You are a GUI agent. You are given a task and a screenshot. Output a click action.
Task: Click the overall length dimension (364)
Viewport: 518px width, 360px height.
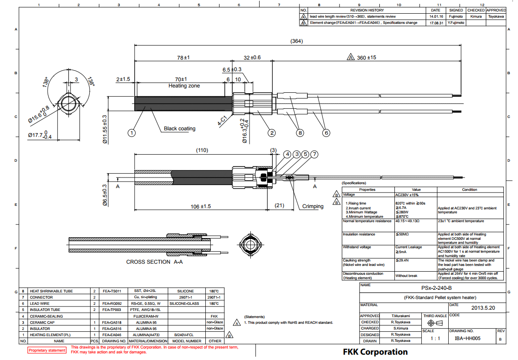(x=296, y=41)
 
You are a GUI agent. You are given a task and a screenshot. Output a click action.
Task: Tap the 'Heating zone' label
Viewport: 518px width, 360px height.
(x=184, y=86)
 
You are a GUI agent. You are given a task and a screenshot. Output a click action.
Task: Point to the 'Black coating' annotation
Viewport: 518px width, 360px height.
(x=179, y=129)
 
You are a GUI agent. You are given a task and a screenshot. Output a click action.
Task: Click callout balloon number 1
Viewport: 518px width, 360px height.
(x=131, y=132)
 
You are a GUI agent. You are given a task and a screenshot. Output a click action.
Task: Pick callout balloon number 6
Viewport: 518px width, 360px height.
(x=326, y=132)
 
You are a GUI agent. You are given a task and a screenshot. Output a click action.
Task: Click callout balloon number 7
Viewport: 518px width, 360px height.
(x=314, y=154)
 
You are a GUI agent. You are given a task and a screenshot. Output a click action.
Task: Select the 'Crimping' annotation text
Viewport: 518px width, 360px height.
(x=313, y=206)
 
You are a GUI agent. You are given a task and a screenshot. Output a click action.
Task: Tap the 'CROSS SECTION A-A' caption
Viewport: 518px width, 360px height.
(x=154, y=262)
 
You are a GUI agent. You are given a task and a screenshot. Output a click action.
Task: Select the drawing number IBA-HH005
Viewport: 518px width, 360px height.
(x=467, y=339)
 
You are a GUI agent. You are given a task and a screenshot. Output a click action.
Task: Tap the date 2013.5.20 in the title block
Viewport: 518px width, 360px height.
(x=483, y=308)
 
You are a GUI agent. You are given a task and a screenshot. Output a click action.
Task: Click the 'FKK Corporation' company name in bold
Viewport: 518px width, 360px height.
(x=375, y=352)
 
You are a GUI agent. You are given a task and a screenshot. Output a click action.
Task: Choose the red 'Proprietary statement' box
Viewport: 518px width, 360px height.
(x=47, y=350)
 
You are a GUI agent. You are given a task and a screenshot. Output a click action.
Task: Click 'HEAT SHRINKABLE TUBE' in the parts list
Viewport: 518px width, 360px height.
(x=51, y=292)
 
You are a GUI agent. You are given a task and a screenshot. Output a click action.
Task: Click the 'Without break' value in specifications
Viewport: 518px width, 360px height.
(x=406, y=276)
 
